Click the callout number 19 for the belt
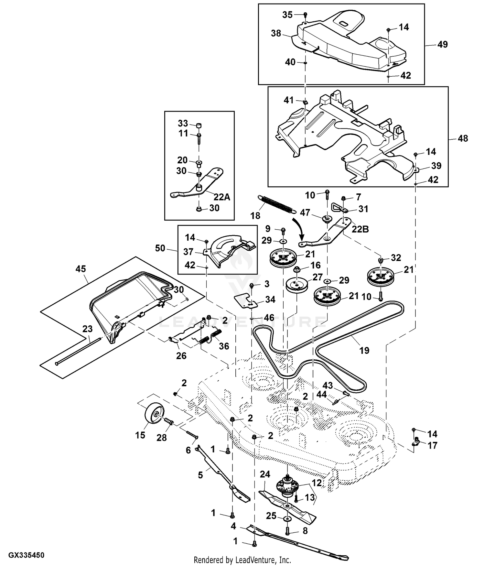point(364,350)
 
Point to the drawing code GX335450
point(26,555)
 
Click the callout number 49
point(442,44)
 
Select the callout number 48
point(463,138)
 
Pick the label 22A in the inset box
point(221,197)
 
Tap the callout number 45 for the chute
point(81,269)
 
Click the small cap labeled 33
point(199,125)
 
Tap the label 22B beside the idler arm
point(360,229)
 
